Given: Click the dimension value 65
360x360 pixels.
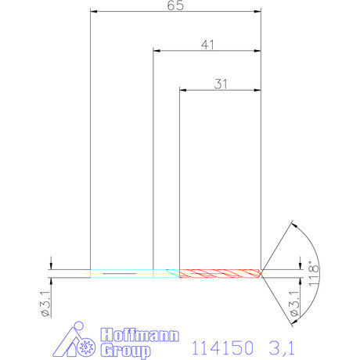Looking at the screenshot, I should point(175,5).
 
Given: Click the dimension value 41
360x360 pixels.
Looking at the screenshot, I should point(206,45).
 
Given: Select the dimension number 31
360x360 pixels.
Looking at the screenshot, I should point(220,83).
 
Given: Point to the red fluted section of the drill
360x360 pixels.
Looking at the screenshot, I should point(219,273).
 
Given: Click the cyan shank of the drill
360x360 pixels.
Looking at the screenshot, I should point(133,273).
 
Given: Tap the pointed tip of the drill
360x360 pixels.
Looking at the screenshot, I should point(261,273).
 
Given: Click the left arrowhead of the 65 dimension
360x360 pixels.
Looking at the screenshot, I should point(94,12).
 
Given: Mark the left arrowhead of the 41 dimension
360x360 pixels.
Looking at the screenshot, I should point(157,51).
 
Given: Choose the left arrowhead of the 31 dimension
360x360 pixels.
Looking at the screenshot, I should point(184,90).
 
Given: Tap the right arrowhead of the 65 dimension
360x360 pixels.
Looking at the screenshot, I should point(257,12).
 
